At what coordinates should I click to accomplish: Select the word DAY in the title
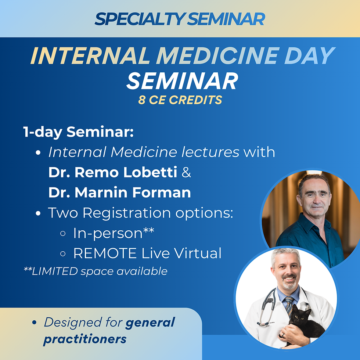pos(309,55)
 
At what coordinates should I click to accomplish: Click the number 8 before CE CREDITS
pos(142,100)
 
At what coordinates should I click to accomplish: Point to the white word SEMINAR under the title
pos(182,81)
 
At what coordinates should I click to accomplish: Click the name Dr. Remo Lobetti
pos(113,172)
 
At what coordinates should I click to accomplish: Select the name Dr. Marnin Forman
pos(120,192)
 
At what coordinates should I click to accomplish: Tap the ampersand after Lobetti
pos(186,172)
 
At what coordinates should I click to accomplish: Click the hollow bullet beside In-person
pos(63,234)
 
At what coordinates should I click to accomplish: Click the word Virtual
pos(198,253)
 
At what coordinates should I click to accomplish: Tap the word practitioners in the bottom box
pos(85,339)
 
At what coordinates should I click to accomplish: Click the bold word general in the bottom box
pos(150,323)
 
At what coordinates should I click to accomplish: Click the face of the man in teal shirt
pos(315,198)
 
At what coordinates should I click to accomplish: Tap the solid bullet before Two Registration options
pos(38,213)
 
